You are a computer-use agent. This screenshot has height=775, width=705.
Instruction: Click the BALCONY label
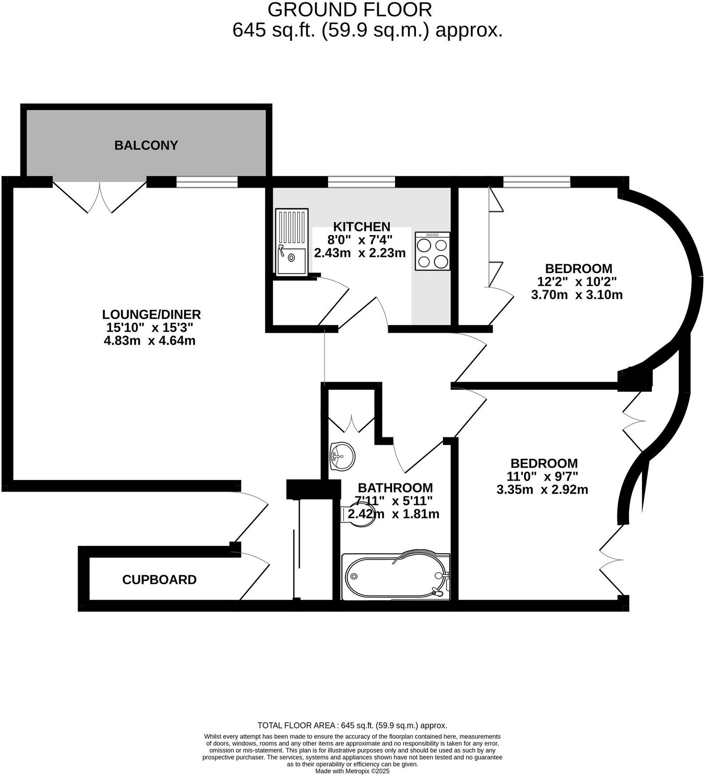coord(146,145)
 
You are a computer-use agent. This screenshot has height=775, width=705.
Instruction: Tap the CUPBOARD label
coord(159,579)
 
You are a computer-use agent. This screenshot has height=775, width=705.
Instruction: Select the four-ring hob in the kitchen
coord(432,251)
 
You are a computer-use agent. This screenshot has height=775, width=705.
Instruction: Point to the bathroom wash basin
coord(342,456)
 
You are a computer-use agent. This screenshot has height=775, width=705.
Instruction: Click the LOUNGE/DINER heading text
coord(151,314)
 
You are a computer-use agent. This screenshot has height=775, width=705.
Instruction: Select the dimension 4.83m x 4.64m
coord(149,341)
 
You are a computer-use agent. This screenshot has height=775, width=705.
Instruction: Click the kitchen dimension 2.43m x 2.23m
coord(360,253)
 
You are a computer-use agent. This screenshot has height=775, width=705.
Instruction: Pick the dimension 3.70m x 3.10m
coord(576,295)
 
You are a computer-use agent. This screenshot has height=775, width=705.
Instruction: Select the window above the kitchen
coord(361,182)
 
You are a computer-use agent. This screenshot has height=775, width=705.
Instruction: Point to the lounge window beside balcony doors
coord(207,182)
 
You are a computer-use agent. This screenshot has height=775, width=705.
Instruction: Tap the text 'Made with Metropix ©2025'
coord(352,771)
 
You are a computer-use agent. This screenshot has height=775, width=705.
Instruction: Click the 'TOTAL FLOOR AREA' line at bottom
coord(352,725)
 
